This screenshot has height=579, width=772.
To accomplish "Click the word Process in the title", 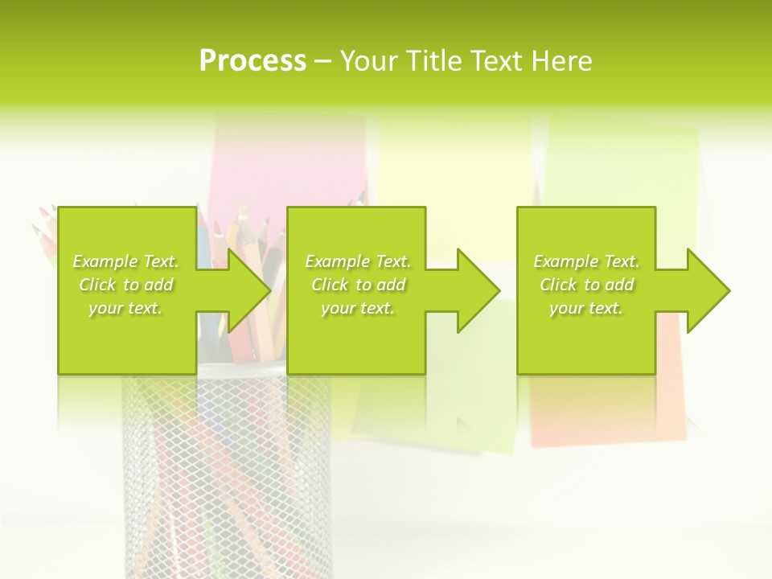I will [x=253, y=61].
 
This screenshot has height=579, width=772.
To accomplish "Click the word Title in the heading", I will [x=435, y=61].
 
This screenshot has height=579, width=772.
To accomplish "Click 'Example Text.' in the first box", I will [x=125, y=261].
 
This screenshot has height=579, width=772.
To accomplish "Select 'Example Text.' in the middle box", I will [x=358, y=261].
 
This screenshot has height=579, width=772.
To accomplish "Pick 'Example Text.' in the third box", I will [x=586, y=261].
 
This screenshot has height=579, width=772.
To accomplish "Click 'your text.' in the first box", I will [x=125, y=308].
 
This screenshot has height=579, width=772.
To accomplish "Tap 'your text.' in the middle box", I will [x=358, y=308].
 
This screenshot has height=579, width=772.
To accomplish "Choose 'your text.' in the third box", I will [x=586, y=308].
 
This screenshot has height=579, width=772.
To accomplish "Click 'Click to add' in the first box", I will [x=125, y=285].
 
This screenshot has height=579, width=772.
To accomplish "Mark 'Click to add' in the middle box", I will [x=358, y=285].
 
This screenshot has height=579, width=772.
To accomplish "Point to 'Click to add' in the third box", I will [x=586, y=285].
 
